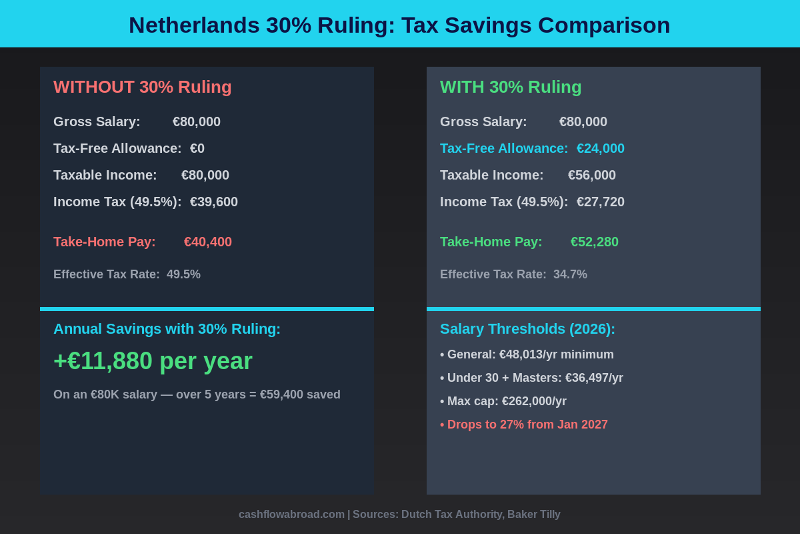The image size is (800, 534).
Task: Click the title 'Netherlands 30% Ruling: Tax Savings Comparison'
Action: (399, 25)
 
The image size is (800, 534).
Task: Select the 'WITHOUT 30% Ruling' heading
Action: (143, 87)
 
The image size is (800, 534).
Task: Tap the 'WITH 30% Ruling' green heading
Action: (511, 87)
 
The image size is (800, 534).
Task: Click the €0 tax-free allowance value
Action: (197, 148)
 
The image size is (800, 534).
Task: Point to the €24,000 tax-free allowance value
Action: (601, 148)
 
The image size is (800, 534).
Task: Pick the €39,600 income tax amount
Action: (214, 202)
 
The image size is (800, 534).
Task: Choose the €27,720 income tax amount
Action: (601, 202)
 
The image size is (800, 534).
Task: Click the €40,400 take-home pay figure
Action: (208, 242)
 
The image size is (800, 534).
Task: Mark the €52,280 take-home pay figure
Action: (595, 242)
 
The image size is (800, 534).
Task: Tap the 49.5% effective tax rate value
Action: (183, 274)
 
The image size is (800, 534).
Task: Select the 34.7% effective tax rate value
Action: (570, 274)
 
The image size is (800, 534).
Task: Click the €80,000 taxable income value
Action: (205, 175)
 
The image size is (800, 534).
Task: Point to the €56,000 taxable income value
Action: (592, 175)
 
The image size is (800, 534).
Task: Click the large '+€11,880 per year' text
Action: (153, 361)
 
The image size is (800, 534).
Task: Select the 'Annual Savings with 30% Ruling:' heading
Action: (167, 328)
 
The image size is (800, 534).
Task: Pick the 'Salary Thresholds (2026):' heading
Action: (527, 328)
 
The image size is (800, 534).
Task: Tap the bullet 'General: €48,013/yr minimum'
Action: (527, 354)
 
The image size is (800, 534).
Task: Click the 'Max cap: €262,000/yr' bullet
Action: (503, 401)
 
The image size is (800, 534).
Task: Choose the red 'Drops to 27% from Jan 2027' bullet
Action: (524, 425)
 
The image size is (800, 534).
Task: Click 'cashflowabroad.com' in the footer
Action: (291, 514)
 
